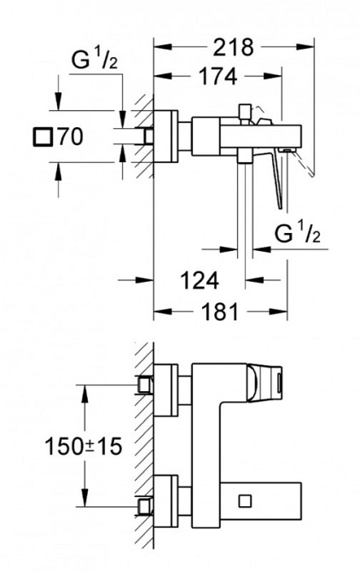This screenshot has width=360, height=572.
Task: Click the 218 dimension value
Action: (233, 47)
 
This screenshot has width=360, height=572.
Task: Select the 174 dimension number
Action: (218, 76)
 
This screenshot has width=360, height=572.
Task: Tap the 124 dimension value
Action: (200, 280)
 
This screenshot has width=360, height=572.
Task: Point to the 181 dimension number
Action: (220, 312)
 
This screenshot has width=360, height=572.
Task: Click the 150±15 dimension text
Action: (83, 446)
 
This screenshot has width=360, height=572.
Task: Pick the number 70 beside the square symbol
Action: (71, 137)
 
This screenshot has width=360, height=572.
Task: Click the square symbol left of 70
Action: (44, 137)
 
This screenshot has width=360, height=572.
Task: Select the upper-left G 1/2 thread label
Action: (95, 60)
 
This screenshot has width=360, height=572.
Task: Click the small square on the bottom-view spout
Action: (245, 501)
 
